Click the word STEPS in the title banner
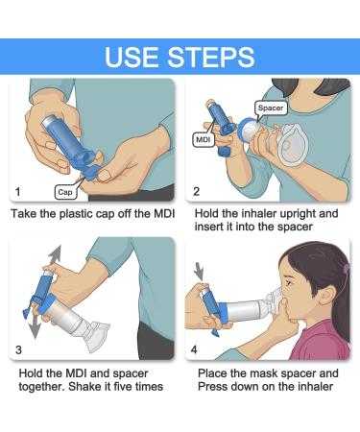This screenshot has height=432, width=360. click(x=211, y=57)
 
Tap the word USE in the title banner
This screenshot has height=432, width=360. click(x=132, y=57)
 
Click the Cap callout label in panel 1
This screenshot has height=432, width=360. click(x=65, y=192)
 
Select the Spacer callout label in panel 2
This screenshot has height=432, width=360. click(x=271, y=108)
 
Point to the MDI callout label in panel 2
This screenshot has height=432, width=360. click(x=204, y=139)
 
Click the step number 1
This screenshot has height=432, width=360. click(x=18, y=192)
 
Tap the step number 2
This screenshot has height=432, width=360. click(x=196, y=191)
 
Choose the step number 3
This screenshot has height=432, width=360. click(x=18, y=349)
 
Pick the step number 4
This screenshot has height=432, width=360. click(x=194, y=349)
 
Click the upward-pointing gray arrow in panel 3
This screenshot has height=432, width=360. click(x=54, y=255)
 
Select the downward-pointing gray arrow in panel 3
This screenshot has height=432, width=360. click(x=35, y=327)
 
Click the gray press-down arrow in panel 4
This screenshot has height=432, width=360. click(x=199, y=272)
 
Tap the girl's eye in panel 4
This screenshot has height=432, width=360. click(x=289, y=283)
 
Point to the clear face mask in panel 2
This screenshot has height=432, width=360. click(x=293, y=146)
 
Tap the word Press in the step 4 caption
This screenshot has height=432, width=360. click(x=212, y=386)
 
